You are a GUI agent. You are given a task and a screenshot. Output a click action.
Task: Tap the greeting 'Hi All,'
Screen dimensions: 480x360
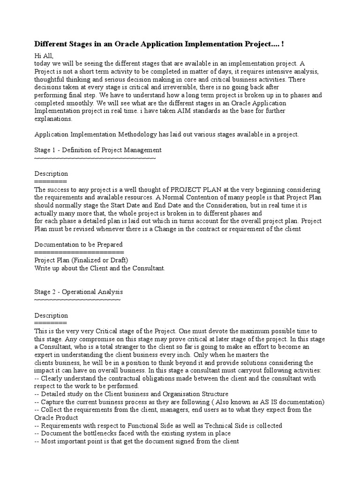click(44, 56)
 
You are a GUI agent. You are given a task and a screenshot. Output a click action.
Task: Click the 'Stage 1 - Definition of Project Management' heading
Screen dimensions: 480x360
click(98, 150)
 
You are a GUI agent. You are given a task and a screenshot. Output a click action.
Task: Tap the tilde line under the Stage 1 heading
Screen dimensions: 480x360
click(95, 158)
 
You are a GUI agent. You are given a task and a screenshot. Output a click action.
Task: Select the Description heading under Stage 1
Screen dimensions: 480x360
click(51, 174)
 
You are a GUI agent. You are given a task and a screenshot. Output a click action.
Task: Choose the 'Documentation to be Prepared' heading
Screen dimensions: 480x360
click(79, 244)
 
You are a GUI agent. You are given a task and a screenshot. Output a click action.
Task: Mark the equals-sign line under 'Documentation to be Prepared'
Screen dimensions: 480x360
click(79, 252)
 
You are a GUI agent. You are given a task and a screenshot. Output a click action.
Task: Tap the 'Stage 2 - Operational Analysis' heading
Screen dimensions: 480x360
click(79, 292)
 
